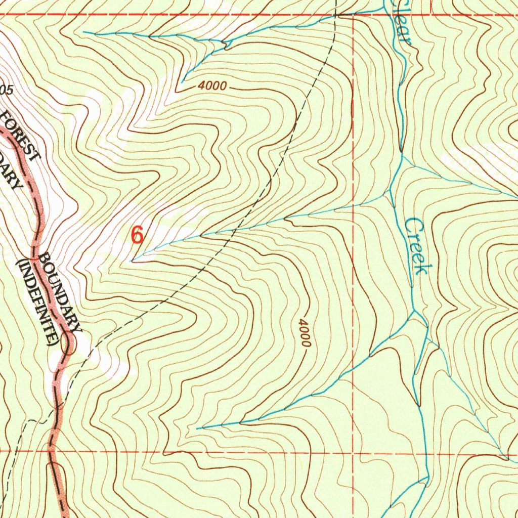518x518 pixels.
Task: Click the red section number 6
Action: click(x=137, y=235)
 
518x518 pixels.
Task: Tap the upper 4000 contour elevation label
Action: click(x=212, y=87)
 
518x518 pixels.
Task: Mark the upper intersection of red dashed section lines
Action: click(x=353, y=15)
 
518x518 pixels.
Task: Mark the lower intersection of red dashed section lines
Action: click(x=353, y=452)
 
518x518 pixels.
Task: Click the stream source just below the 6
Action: click(x=133, y=261)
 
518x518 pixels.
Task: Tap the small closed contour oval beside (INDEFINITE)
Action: click(x=66, y=344)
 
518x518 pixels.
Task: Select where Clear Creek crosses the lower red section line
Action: click(x=424, y=453)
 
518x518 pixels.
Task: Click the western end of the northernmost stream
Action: click(x=84, y=32)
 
